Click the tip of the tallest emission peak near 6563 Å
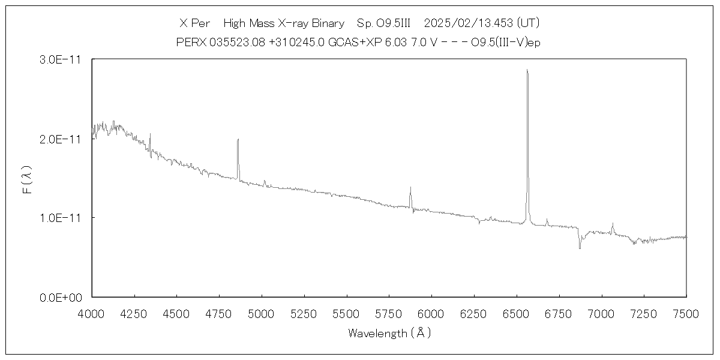click(527, 70)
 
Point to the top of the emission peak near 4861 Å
click(238, 139)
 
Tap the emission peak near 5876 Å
click(410, 187)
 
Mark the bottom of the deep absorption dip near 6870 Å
click(580, 248)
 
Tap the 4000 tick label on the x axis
click(92, 313)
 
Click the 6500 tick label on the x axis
click(517, 313)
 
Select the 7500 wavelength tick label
click(686, 313)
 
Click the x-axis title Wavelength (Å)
click(389, 333)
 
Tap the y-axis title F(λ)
click(26, 178)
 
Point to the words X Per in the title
click(194, 23)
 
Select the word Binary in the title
click(328, 23)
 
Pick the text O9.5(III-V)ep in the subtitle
click(506, 43)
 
